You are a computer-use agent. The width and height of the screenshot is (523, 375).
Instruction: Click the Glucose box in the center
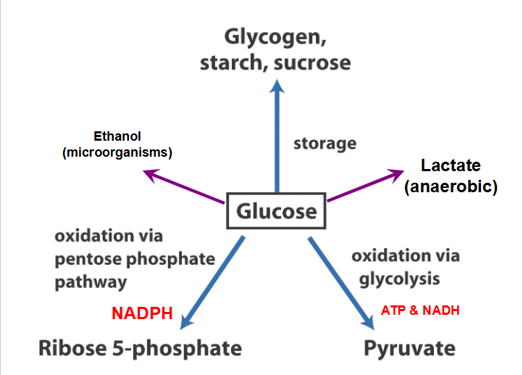click(276, 211)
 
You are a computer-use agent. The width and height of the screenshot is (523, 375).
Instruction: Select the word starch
click(229, 62)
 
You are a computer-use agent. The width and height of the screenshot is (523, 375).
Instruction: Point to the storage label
click(325, 143)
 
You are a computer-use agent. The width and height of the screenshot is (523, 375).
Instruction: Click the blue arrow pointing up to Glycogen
click(276, 138)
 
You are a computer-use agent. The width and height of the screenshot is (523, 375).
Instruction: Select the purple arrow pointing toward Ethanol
click(185, 187)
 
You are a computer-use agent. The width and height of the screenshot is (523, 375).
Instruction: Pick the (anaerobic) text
click(451, 186)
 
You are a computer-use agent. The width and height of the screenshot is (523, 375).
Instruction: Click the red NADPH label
click(142, 313)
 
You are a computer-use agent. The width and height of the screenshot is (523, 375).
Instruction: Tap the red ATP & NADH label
click(420, 310)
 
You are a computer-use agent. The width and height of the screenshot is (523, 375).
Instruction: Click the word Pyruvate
click(409, 348)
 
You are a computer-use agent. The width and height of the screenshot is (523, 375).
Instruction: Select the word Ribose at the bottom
click(72, 348)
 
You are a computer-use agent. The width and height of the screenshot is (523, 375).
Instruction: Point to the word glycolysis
click(398, 279)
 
